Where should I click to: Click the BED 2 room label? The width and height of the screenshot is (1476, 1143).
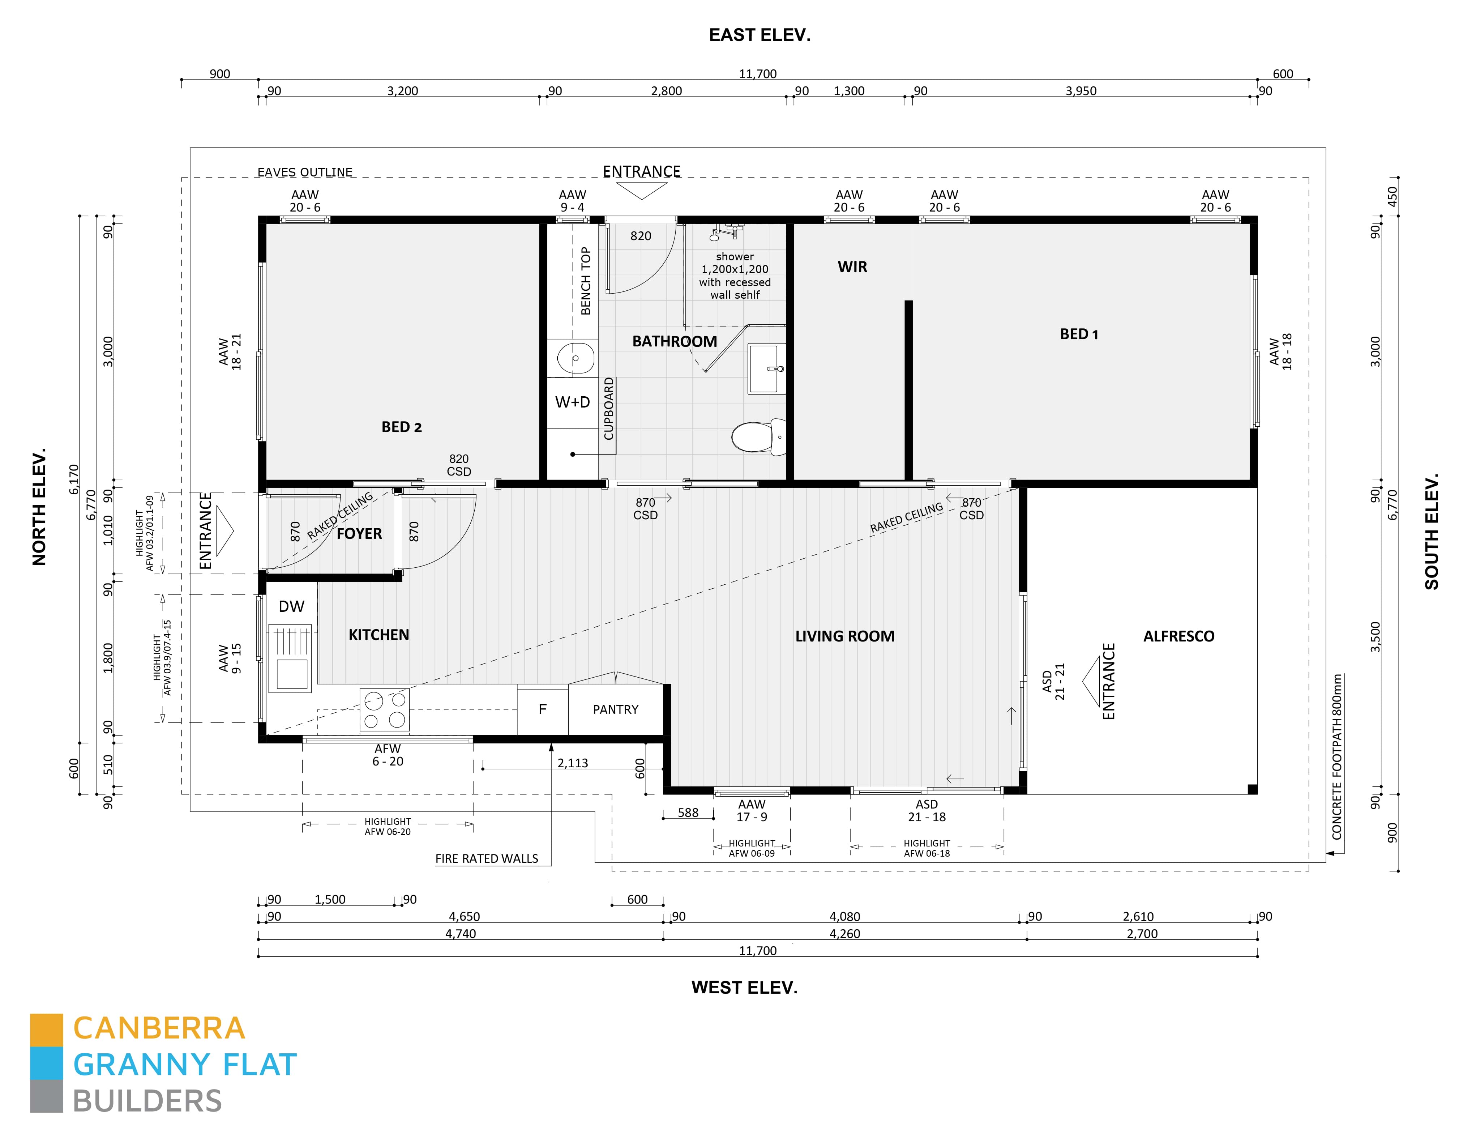401,427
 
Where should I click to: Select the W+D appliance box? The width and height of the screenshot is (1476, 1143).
572,402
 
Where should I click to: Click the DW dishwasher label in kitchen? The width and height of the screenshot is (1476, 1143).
291,606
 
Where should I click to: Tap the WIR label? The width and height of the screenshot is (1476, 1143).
852,266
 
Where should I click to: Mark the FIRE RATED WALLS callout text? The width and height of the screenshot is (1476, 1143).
487,858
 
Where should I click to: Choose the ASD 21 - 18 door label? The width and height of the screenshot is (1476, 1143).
927,810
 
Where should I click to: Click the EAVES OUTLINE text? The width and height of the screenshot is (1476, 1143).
305,172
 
